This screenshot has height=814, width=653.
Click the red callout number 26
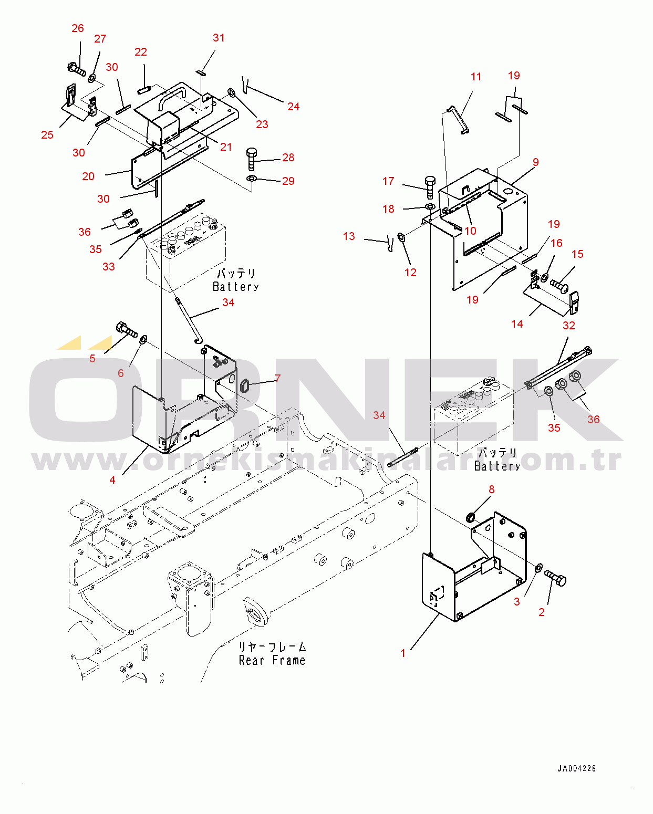tap(78, 28)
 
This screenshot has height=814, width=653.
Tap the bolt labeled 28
tap(252, 159)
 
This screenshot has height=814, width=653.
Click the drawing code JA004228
tap(576, 768)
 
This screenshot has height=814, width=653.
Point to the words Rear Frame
tap(272, 660)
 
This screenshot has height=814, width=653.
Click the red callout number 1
tap(403, 653)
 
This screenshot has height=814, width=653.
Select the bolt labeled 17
tap(430, 187)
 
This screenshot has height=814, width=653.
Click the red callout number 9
tap(536, 162)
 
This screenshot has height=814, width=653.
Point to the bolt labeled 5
tap(127, 329)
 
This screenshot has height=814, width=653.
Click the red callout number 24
tap(294, 107)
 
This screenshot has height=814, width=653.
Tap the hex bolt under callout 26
tap(77, 69)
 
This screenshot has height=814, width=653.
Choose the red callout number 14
tap(517, 324)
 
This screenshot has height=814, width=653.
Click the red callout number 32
tap(568, 326)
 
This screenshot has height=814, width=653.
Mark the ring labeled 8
tap(471, 516)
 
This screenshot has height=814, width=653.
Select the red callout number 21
tap(226, 147)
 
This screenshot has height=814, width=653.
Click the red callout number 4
tap(112, 480)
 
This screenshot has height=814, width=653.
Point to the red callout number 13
tap(349, 236)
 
